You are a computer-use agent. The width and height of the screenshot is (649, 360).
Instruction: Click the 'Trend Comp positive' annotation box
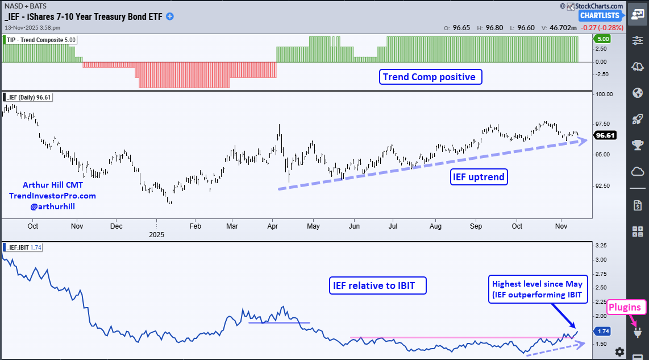pos(430,77)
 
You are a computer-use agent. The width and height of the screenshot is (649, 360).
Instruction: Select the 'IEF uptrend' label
pos(479,177)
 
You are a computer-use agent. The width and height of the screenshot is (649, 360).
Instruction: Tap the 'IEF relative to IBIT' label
pos(377,285)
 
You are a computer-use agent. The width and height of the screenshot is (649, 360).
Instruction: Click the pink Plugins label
pos(625,308)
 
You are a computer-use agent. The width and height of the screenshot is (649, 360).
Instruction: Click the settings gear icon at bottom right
pos(619,351)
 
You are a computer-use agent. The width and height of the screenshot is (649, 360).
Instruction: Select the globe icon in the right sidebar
pos(637,93)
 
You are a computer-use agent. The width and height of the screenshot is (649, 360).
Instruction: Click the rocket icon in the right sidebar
pos(637,119)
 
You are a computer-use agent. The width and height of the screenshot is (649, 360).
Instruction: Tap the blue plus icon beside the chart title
pos(169,16)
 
